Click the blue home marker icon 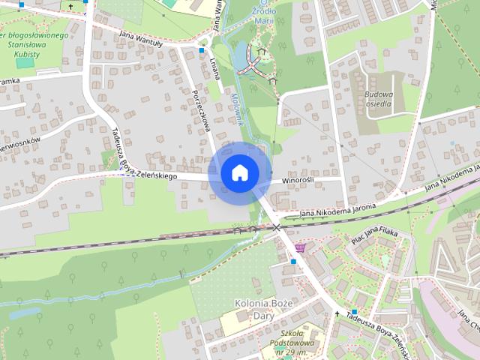240,173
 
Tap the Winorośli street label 302,181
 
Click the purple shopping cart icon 301,247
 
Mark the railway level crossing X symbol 276,226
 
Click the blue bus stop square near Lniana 202,51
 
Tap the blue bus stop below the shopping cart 293,262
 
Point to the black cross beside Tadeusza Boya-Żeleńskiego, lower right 337,313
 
